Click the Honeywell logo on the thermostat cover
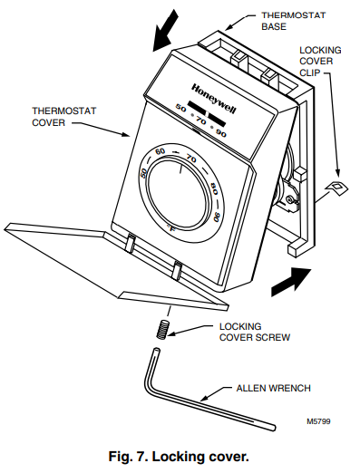coord(214,99)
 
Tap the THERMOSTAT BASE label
coord(294,21)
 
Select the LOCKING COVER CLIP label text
coord(320,62)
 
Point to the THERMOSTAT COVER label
coord(64,117)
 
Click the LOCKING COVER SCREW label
coord(255,332)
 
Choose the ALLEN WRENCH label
coord(273,388)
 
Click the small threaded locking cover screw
coord(163,330)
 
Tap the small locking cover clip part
coord(336,188)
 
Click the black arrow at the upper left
coord(165,30)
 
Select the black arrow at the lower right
coord(291,282)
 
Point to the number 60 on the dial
coord(160,150)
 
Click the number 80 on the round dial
coord(213,188)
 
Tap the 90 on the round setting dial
coord(217,217)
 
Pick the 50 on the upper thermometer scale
coord(181,108)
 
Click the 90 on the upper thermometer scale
coord(221,133)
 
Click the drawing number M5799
coord(318,421)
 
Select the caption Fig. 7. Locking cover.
coord(179,457)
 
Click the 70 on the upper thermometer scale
coord(200,121)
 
